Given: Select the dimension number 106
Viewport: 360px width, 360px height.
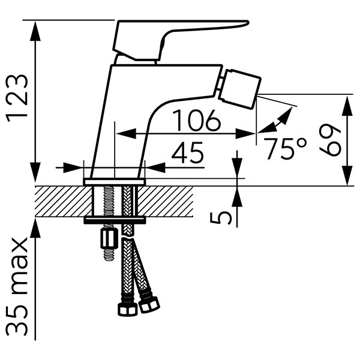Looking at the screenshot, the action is pyautogui.click(x=196, y=121).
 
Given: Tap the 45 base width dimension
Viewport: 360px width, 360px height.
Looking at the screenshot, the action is pyautogui.click(x=188, y=152).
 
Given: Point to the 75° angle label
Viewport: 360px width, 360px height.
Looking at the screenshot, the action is pyautogui.click(x=285, y=148).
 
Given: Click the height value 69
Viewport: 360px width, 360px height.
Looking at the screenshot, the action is pyautogui.click(x=330, y=140).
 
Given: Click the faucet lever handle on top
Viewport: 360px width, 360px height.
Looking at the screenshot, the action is pyautogui.click(x=181, y=40).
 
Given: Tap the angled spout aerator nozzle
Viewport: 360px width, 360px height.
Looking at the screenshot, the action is pyautogui.click(x=239, y=89).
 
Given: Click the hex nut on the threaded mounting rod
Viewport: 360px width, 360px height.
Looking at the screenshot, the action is pyautogui.click(x=109, y=239).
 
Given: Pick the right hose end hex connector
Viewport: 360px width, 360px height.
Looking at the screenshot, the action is pyautogui.click(x=149, y=304).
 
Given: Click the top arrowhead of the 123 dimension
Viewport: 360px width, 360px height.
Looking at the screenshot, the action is pyautogui.click(x=35, y=31).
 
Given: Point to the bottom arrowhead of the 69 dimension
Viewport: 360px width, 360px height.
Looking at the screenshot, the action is pyautogui.click(x=347, y=175).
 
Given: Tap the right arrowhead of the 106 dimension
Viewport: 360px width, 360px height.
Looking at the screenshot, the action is pyautogui.click(x=245, y=133).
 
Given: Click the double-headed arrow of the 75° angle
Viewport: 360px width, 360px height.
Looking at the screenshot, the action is pyautogui.click(x=275, y=120).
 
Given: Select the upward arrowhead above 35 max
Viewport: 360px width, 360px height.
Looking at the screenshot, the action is pyautogui.click(x=35, y=229).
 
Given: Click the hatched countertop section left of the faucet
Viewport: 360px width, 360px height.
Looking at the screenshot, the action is pyautogui.click(x=64, y=202).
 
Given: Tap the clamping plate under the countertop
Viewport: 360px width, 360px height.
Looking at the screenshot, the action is pyautogui.click(x=115, y=220).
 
